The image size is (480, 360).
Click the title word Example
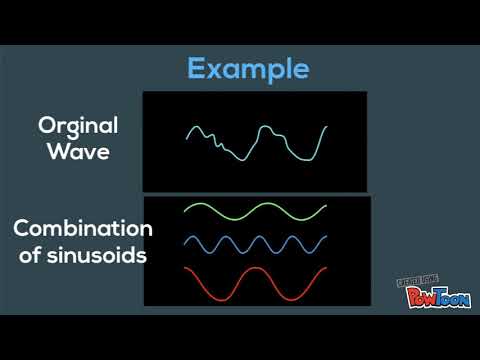coord(248,69)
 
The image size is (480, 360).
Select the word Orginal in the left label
coord(78,126)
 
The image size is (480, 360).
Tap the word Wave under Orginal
coord(78,154)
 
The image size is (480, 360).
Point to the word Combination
coord(83,228)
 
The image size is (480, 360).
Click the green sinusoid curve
coord(255,211)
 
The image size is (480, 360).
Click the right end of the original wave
coord(326,127)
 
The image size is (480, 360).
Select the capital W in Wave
coord(50,154)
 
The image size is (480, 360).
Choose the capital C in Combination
coord(21,228)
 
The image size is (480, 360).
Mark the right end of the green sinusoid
coord(326,207)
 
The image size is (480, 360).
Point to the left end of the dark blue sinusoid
coord(185,240)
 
